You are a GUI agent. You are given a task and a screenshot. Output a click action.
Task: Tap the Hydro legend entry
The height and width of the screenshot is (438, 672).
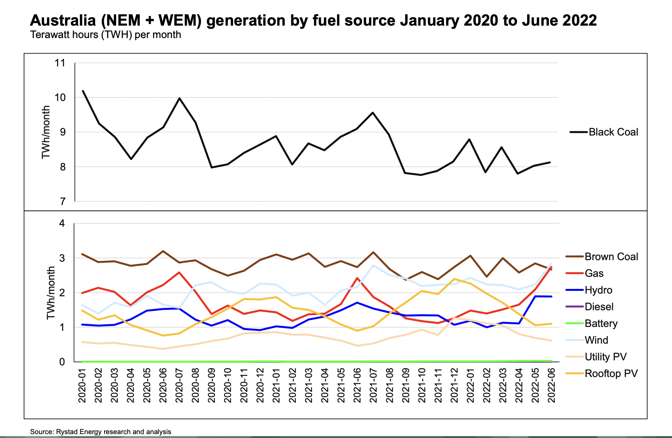point(598,290)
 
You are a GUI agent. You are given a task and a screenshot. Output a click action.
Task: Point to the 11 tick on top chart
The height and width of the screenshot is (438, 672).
point(60,63)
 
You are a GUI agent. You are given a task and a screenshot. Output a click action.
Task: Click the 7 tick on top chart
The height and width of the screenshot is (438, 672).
point(63,202)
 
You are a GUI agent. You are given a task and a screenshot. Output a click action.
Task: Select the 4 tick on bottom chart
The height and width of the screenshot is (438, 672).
point(62,223)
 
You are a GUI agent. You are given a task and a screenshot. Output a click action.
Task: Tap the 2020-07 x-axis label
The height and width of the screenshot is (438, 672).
point(179,386)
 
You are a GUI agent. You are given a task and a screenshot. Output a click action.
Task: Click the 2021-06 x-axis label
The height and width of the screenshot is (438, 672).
point(357,386)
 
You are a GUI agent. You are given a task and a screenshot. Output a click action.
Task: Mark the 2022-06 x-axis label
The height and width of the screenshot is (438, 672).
point(551,386)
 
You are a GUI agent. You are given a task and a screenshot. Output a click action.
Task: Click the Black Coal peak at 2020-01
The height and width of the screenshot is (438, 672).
point(83,91)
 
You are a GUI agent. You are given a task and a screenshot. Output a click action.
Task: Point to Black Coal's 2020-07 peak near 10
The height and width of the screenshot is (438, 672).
point(179,98)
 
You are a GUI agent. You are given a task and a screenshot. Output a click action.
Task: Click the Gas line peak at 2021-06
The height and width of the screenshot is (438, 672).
point(357,278)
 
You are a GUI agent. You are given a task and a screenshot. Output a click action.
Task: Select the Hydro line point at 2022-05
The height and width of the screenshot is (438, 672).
point(535,296)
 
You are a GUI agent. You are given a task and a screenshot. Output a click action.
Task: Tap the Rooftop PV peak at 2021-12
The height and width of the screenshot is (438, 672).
point(454,279)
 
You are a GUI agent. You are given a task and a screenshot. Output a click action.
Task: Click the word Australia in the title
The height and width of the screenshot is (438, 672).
point(63,20)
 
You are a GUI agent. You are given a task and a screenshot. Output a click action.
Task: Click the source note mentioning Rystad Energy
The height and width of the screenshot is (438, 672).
point(101,432)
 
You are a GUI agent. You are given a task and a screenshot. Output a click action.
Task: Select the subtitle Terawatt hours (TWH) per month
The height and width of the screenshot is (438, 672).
point(106,35)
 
